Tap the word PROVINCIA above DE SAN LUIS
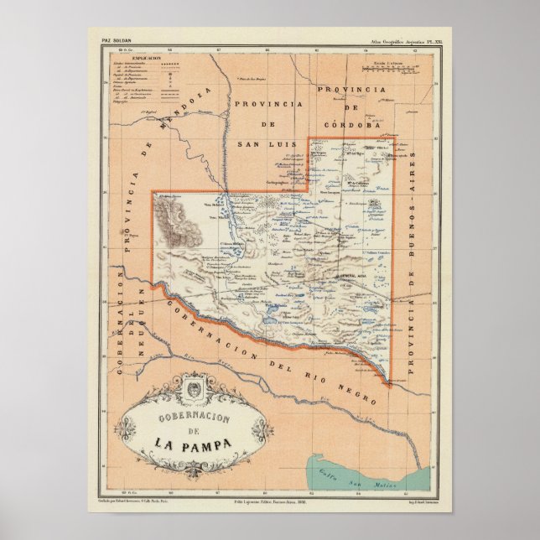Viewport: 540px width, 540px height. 267,104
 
